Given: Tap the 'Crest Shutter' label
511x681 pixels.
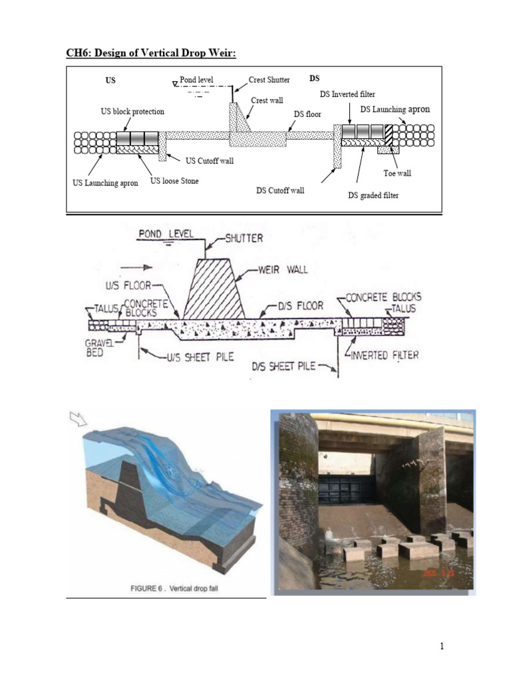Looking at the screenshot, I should (269, 80).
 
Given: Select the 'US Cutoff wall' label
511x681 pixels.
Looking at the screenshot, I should (210, 160).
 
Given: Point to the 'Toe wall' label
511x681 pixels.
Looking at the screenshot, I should (397, 173).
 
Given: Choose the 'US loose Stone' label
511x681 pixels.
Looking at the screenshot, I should (174, 180).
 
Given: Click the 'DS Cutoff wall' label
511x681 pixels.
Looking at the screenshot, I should (280, 190).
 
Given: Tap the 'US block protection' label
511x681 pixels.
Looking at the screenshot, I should (132, 112).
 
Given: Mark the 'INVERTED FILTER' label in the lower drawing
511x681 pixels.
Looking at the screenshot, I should (385, 355).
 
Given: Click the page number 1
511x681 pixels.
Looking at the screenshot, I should (441, 646).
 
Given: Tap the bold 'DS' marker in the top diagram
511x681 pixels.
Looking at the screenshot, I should (315, 78).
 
